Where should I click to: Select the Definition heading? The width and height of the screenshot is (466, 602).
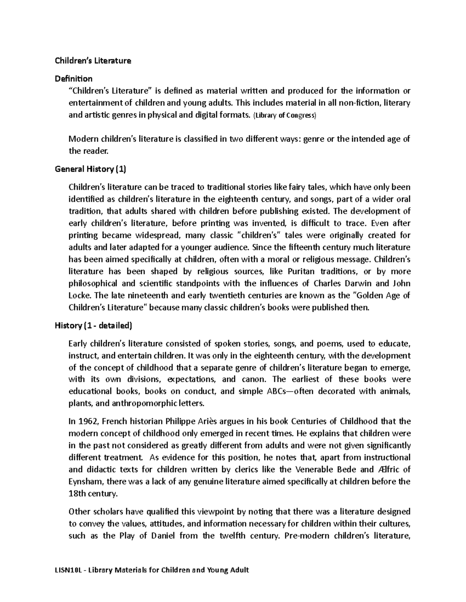point(74,79)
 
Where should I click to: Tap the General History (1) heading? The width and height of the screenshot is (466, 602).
point(90,169)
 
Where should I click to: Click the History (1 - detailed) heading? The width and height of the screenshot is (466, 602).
point(94,326)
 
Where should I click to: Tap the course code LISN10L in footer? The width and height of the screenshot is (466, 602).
point(68,570)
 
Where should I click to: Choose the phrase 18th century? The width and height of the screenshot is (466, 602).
point(92,493)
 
